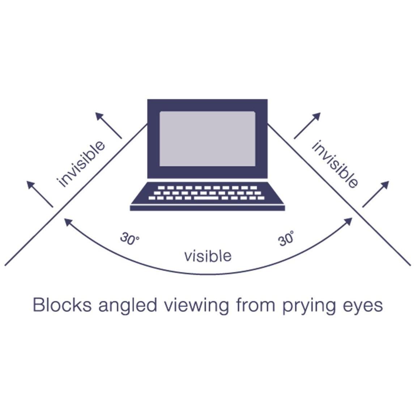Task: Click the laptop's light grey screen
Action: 207,138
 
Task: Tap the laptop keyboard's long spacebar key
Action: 207,198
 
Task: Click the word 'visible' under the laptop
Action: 208,256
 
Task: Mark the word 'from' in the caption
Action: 253,305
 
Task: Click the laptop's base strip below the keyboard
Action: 207,208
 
